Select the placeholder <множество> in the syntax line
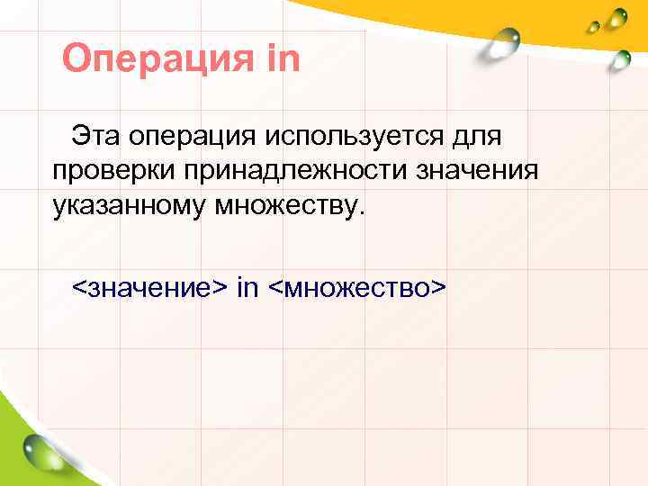[x=357, y=288]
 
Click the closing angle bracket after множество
[x=438, y=289]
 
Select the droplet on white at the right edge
[x=619, y=59]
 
